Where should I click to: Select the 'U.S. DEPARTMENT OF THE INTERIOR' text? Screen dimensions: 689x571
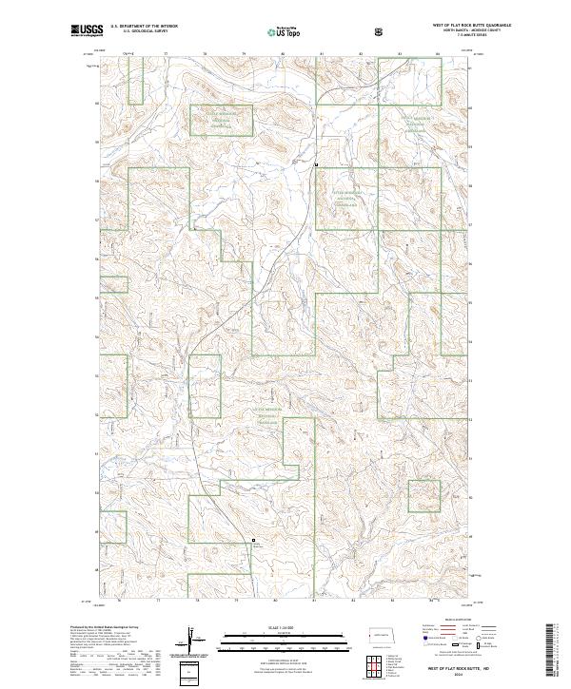coord(145,26)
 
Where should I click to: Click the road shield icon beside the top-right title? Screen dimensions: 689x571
coord(382,29)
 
